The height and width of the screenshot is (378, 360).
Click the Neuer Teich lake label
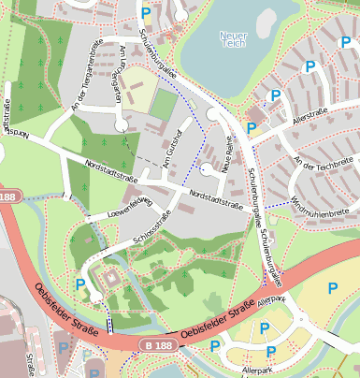pyautogui.click(x=232, y=40)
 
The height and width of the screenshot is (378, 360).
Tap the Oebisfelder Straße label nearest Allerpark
pyautogui.click(x=216, y=319)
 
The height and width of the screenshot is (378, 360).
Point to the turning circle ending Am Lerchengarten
pyautogui.click(x=121, y=124)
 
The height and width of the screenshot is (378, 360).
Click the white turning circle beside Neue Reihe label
pyautogui.click(x=208, y=169)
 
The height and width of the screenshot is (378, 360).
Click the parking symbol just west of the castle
pyautogui.click(x=80, y=284)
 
